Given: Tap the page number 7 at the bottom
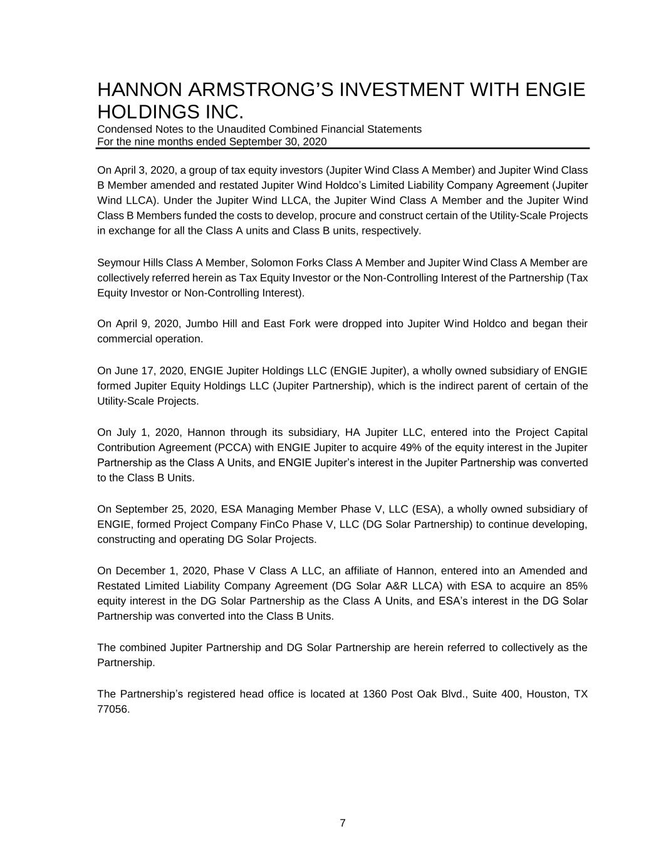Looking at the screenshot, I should (343, 823).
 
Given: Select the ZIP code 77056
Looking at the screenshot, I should (113, 709).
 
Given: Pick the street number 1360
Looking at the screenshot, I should (375, 694).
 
